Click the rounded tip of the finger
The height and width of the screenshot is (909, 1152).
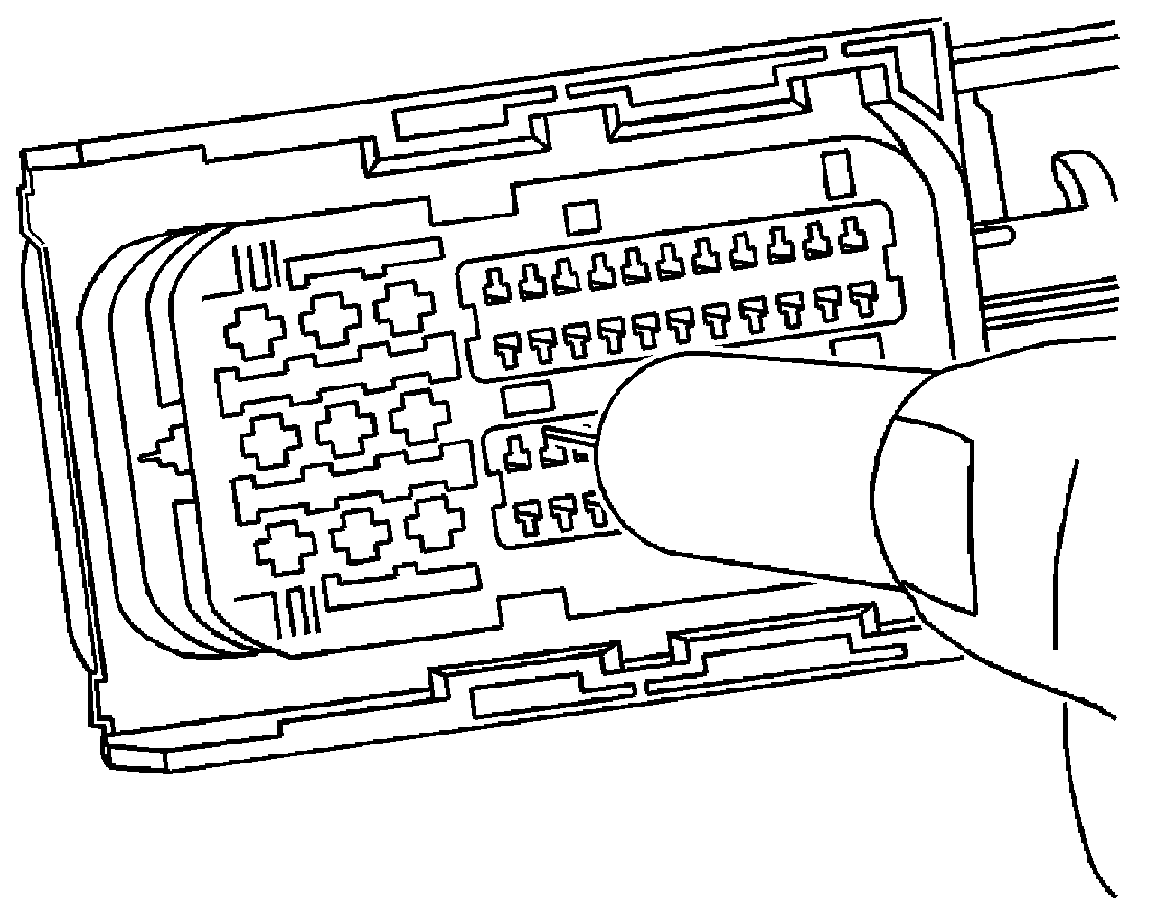pos(622,450)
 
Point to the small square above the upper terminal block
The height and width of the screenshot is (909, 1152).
pos(582,217)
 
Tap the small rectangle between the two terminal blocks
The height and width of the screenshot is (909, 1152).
pos(526,398)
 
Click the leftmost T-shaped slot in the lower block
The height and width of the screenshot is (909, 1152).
pos(529,518)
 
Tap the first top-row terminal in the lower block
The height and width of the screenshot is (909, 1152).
pos(515,454)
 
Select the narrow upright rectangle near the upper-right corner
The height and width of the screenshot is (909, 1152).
pos(838,174)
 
